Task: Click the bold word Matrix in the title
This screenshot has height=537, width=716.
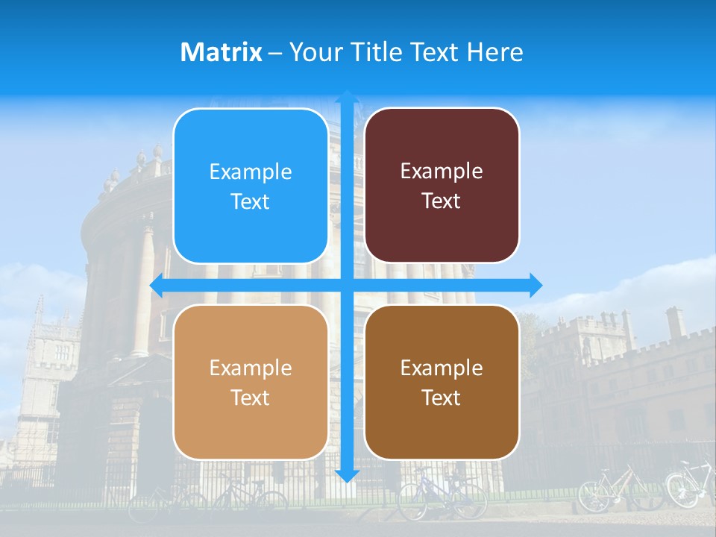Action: [222, 52]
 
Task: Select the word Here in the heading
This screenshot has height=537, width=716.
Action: [494, 52]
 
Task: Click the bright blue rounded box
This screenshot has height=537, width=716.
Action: [251, 186]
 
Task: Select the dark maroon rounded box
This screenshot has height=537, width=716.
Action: [442, 186]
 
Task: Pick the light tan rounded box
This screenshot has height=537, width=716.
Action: [251, 382]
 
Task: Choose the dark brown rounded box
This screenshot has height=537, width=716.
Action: [442, 382]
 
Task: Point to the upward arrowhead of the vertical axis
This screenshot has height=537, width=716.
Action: [347, 98]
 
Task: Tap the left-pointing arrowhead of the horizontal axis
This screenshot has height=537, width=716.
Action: [157, 286]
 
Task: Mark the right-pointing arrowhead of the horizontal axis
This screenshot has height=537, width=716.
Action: [535, 286]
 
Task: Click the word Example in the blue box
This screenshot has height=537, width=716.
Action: [251, 172]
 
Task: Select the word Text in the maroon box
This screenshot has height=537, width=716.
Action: [442, 201]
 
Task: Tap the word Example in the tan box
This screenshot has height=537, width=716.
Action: [251, 368]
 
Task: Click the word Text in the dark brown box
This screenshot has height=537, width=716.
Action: [442, 398]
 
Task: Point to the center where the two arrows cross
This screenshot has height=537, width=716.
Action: [347, 286]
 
